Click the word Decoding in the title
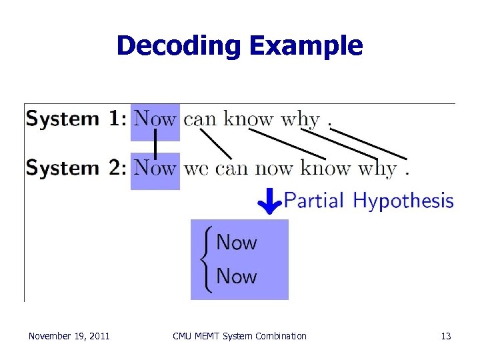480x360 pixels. pyautogui.click(x=177, y=46)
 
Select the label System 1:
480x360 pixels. pyautogui.click(x=75, y=120)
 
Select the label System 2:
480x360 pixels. pyautogui.click(x=75, y=168)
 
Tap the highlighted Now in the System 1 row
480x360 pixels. pyautogui.click(x=155, y=120)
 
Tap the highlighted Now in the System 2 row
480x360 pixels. pyautogui.click(x=155, y=168)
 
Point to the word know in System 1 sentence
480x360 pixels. pyautogui.click(x=249, y=120)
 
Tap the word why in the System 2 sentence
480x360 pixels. pyautogui.click(x=377, y=169)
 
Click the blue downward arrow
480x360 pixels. pyautogui.click(x=269, y=200)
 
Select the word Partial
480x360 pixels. pyautogui.click(x=314, y=200)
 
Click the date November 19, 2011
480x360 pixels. pyautogui.click(x=69, y=336)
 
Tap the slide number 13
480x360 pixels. pyautogui.click(x=446, y=336)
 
